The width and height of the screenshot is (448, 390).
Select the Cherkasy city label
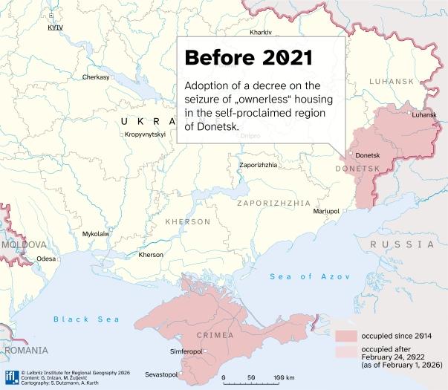(x=96, y=77)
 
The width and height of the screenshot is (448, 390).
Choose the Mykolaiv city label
(x=95, y=233)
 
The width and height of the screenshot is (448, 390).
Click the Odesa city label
(x=46, y=259)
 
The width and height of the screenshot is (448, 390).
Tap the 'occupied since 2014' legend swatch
(x=345, y=336)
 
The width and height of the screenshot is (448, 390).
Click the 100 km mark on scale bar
(x=280, y=378)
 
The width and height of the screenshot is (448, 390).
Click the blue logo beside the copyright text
(x=10, y=375)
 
